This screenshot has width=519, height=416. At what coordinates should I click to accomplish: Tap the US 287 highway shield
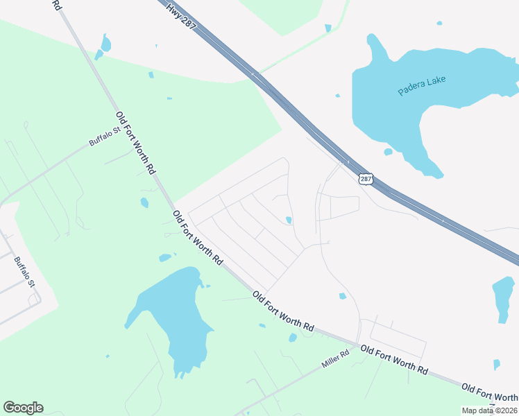(x=366, y=180)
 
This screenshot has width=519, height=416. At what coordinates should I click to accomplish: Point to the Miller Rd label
(x=335, y=358)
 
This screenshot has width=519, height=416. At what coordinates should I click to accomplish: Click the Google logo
(x=23, y=408)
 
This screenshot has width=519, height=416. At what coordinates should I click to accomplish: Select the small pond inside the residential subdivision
(x=288, y=220)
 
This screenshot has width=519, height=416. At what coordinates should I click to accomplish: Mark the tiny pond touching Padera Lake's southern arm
(x=388, y=152)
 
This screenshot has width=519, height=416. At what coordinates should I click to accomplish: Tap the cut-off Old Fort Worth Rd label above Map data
(x=490, y=392)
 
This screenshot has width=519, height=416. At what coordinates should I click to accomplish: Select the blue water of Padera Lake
(x=389, y=104)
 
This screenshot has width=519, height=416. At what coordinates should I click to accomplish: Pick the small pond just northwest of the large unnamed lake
(x=165, y=258)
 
